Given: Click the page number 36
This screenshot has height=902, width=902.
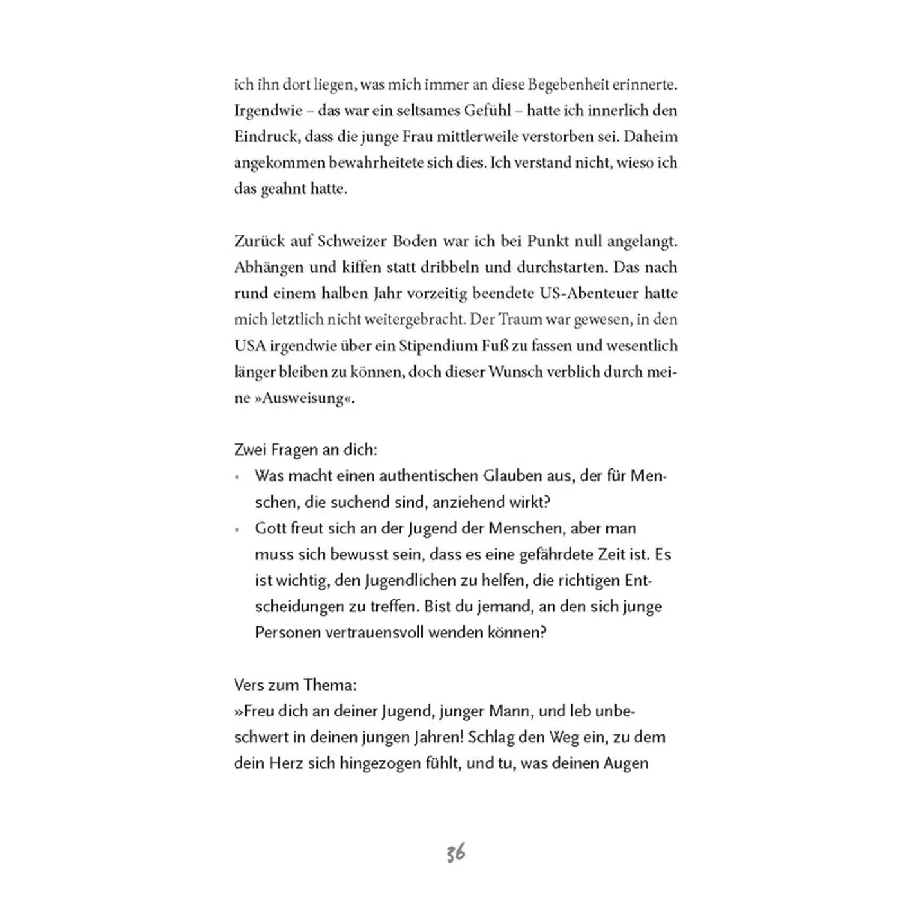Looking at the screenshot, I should (455, 854).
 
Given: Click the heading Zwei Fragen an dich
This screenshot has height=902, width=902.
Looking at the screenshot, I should (306, 450).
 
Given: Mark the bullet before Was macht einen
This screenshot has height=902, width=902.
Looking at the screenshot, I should (238, 477).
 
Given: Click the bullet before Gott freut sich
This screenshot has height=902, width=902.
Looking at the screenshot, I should (238, 530).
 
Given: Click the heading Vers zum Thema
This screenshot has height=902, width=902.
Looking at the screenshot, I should (296, 685).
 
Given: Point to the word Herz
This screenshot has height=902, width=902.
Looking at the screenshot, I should (280, 763).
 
